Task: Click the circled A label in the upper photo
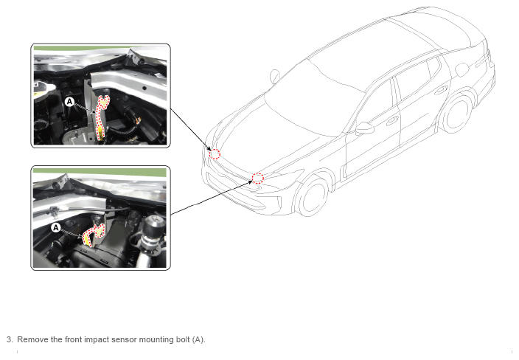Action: click(69, 101)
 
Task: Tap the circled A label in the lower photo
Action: click(56, 228)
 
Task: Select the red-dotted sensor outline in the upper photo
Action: click(101, 116)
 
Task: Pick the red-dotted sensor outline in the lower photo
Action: click(94, 235)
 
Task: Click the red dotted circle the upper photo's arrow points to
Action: click(215, 154)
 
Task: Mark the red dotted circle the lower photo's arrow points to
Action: click(258, 179)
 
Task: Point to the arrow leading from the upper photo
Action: click(190, 129)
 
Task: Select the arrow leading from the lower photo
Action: click(211, 196)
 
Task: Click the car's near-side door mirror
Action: click(364, 128)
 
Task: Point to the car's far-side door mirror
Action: click(275, 77)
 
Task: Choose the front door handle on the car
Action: click(392, 120)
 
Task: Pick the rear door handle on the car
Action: click(441, 90)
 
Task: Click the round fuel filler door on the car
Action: click(461, 69)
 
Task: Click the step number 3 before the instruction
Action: click(10, 339)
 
